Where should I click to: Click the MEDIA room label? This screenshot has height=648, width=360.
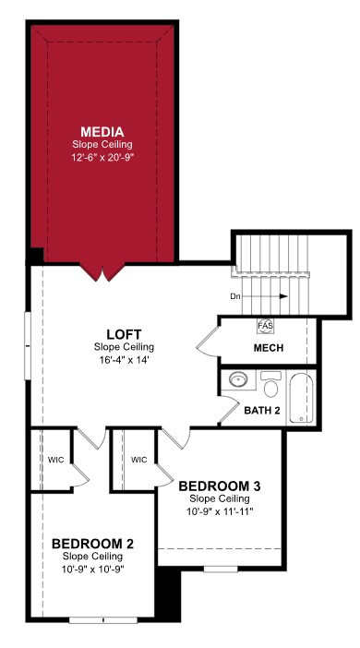click(102, 132)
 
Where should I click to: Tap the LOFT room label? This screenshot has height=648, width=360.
click(124, 333)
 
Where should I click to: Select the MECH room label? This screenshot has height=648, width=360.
click(269, 348)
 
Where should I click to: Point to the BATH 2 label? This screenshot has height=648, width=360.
click(262, 411)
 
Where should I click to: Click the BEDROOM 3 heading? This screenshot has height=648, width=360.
click(220, 486)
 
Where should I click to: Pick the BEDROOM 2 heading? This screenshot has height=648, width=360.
click(93, 544)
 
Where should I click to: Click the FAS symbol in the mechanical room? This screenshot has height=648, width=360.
click(265, 326)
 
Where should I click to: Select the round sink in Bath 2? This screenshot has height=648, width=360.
click(238, 379)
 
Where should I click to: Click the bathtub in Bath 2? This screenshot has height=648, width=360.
click(301, 398)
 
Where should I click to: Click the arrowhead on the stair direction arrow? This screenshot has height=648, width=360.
click(283, 296)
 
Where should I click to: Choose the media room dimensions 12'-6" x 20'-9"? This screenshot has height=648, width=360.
click(102, 157)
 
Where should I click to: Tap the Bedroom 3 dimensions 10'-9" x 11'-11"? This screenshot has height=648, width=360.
click(220, 511)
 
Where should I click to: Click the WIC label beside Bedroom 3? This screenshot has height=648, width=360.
click(138, 460)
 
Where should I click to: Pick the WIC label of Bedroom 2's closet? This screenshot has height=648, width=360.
click(55, 460)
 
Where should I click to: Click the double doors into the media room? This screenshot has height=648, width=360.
click(102, 271)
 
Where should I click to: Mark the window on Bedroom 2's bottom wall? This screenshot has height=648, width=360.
click(102, 620)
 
